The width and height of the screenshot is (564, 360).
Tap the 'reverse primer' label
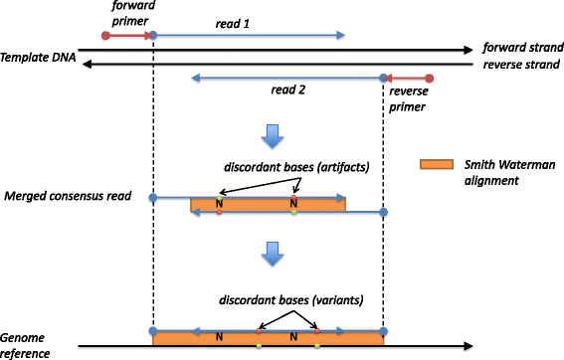[x=409, y=97]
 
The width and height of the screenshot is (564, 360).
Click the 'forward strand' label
[x=520, y=48]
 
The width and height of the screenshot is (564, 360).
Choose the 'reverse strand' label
[x=520, y=65]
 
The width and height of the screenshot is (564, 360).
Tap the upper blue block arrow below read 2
[x=271, y=133]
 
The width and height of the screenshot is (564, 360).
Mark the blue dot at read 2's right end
[x=383, y=77]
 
